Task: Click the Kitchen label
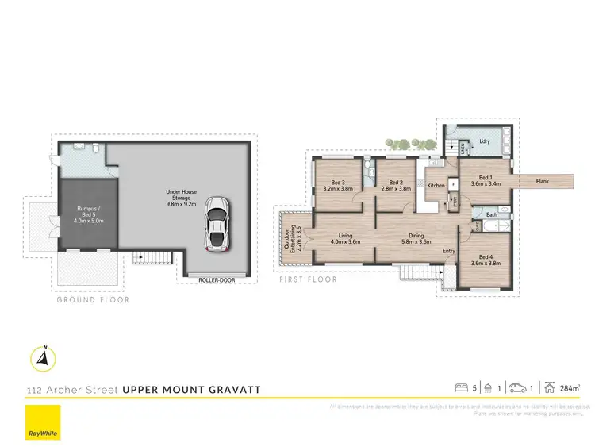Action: (x=436, y=186)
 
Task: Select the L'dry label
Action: (x=485, y=142)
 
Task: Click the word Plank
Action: (x=543, y=182)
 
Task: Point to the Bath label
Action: (x=492, y=214)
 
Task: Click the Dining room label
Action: (x=416, y=238)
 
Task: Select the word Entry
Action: (x=448, y=252)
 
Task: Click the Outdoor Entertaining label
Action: (x=291, y=238)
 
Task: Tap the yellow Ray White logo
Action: (x=42, y=422)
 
